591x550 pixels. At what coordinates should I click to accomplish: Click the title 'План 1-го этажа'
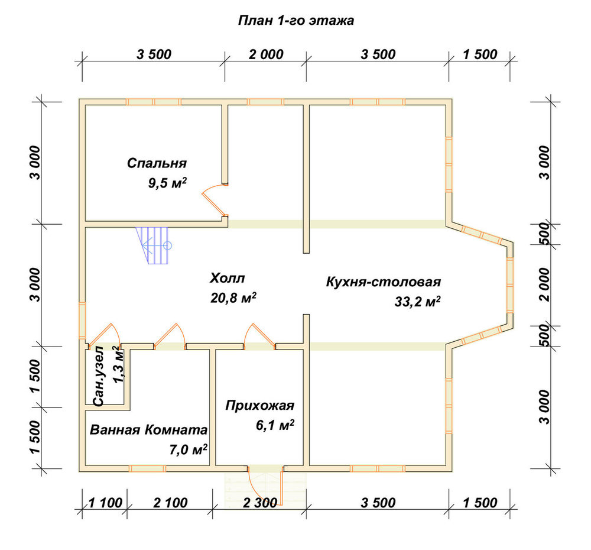pyautogui.click(x=296, y=20)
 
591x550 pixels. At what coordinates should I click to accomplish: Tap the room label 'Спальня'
pyautogui.click(x=157, y=163)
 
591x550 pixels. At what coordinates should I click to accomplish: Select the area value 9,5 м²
pyautogui.click(x=167, y=183)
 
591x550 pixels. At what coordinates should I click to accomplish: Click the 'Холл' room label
pyautogui.click(x=228, y=278)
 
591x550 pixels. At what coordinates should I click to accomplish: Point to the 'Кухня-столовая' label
pyautogui.click(x=384, y=282)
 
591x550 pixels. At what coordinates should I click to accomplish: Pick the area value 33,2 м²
pyautogui.click(x=418, y=302)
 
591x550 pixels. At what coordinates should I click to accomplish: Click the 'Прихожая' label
pyautogui.click(x=259, y=405)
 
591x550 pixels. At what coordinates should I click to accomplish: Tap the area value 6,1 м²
pyautogui.click(x=275, y=425)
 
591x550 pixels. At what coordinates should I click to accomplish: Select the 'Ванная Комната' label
pyautogui.click(x=148, y=430)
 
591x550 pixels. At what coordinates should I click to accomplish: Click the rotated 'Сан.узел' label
pyautogui.click(x=99, y=376)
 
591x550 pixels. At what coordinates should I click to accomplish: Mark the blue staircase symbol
pyautogui.click(x=154, y=245)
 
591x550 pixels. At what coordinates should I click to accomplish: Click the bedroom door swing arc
pyautogui.click(x=210, y=198)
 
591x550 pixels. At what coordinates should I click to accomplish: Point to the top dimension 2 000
pyautogui.click(x=266, y=54)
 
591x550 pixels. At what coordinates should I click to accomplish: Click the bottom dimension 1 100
pyautogui.click(x=105, y=503)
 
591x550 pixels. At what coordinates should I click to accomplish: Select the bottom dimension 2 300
pyautogui.click(x=260, y=503)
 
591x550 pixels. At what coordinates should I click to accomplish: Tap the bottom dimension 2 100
pyautogui.click(x=170, y=503)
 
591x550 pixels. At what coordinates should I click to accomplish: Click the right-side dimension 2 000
pyautogui.click(x=545, y=284)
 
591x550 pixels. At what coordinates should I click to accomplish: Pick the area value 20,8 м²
pyautogui.click(x=233, y=298)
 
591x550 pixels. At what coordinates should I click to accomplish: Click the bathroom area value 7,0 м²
pyautogui.click(x=188, y=449)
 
